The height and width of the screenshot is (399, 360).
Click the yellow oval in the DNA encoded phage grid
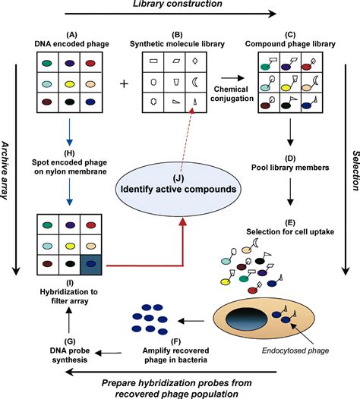[x=70, y=84]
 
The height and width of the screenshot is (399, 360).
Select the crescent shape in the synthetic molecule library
[x=194, y=82]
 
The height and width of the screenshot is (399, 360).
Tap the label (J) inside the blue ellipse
[x=178, y=178]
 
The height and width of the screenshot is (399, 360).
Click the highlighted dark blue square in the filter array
[x=91, y=265]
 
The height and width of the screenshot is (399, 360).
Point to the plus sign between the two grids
[x=124, y=83]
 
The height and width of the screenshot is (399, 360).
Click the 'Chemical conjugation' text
[x=232, y=93]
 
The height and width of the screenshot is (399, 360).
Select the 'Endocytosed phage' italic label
[x=295, y=350]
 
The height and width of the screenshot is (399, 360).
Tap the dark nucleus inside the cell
[x=246, y=319]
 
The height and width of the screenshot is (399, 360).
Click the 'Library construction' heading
[x=178, y=4]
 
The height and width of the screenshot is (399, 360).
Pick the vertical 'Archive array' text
[x=5, y=171]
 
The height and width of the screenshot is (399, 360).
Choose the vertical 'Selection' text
[x=355, y=171]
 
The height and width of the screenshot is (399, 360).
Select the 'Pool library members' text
[x=290, y=168]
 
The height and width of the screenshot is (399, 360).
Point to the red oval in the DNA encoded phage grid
[x=90, y=63]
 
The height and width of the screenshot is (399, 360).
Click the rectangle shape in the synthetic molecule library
[x=153, y=61]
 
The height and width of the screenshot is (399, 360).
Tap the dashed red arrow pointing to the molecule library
[x=187, y=140]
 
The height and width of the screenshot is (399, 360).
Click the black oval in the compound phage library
[x=286, y=105]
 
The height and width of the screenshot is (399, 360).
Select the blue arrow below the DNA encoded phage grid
[x=69, y=131]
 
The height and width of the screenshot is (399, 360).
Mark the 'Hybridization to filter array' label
[x=69, y=292]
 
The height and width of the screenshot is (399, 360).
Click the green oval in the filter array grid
[x=48, y=225]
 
